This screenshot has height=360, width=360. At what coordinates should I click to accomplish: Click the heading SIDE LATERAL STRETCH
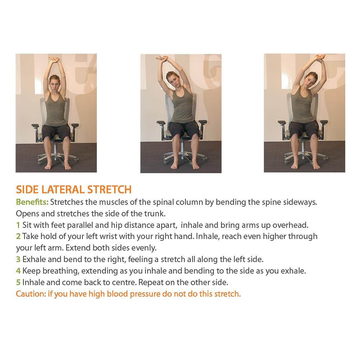(73, 189)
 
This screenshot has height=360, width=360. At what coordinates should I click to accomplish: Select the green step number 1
(18, 225)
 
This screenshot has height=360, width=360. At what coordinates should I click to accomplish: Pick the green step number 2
(18, 237)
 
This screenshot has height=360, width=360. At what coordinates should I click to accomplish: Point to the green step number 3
(18, 260)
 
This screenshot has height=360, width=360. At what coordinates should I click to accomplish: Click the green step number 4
(18, 271)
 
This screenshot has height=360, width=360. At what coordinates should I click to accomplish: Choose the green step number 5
(18, 282)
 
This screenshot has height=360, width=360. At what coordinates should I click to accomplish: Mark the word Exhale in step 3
(34, 260)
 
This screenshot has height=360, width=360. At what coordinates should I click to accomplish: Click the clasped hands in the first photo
(54, 59)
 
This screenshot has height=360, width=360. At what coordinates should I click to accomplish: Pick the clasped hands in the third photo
(320, 58)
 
